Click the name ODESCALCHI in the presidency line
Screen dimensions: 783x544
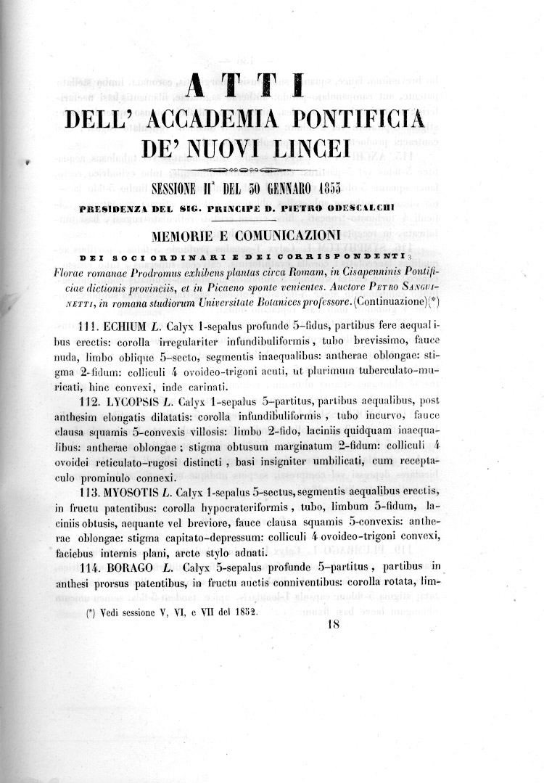coord(382,208)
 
